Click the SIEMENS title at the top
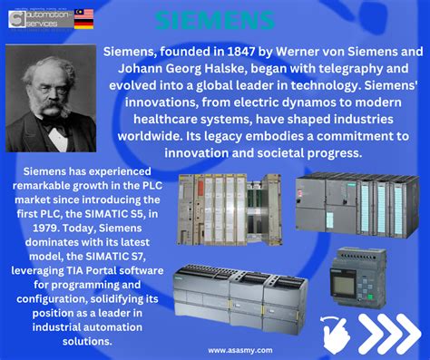[x=214, y=20]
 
